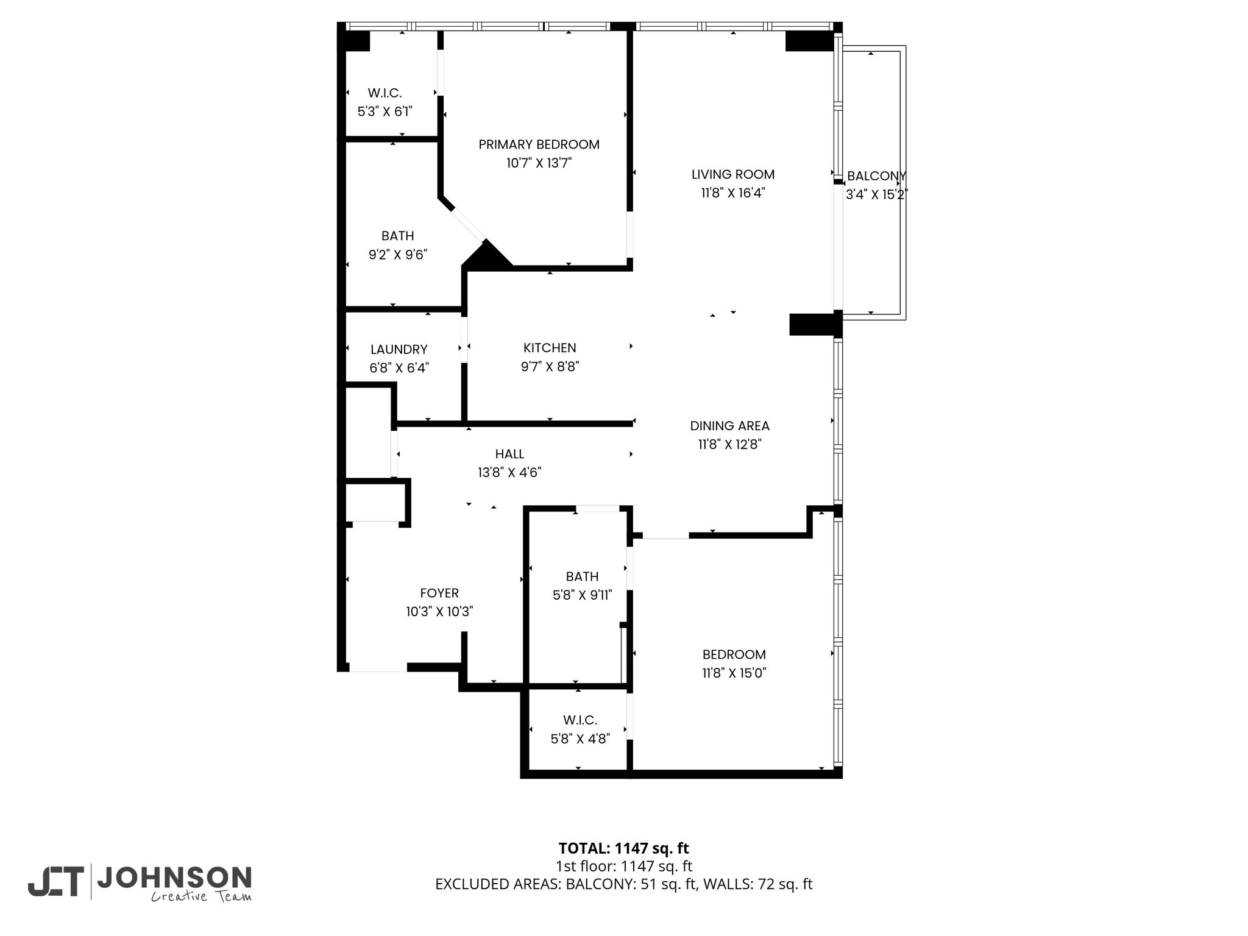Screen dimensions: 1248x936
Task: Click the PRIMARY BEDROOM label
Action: click(x=539, y=144)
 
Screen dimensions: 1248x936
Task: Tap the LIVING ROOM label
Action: click(x=733, y=174)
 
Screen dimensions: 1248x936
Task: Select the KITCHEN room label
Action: click(x=550, y=348)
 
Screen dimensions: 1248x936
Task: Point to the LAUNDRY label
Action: click(x=399, y=350)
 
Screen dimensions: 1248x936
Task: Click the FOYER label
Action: click(x=439, y=593)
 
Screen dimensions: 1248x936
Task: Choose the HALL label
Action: click(x=509, y=454)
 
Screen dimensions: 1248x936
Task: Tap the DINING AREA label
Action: click(x=729, y=426)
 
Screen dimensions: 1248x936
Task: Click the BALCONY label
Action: click(x=876, y=176)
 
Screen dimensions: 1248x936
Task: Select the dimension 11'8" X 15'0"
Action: click(x=734, y=673)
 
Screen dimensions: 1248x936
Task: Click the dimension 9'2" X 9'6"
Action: click(x=398, y=254)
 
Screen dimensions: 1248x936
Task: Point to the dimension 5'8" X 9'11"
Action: click(x=582, y=595)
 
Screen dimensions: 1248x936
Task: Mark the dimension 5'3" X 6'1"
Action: click(x=385, y=112)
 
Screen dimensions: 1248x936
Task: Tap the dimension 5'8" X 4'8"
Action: click(x=580, y=739)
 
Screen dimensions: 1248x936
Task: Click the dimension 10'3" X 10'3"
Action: click(x=439, y=611)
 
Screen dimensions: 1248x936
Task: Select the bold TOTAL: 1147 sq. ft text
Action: click(x=623, y=848)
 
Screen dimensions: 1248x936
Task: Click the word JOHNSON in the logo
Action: click(x=174, y=877)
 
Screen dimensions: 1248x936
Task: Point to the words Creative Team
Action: click(x=201, y=896)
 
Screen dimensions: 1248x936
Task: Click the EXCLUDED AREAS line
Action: click(x=623, y=884)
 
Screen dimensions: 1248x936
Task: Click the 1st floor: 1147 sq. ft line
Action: click(x=623, y=866)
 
